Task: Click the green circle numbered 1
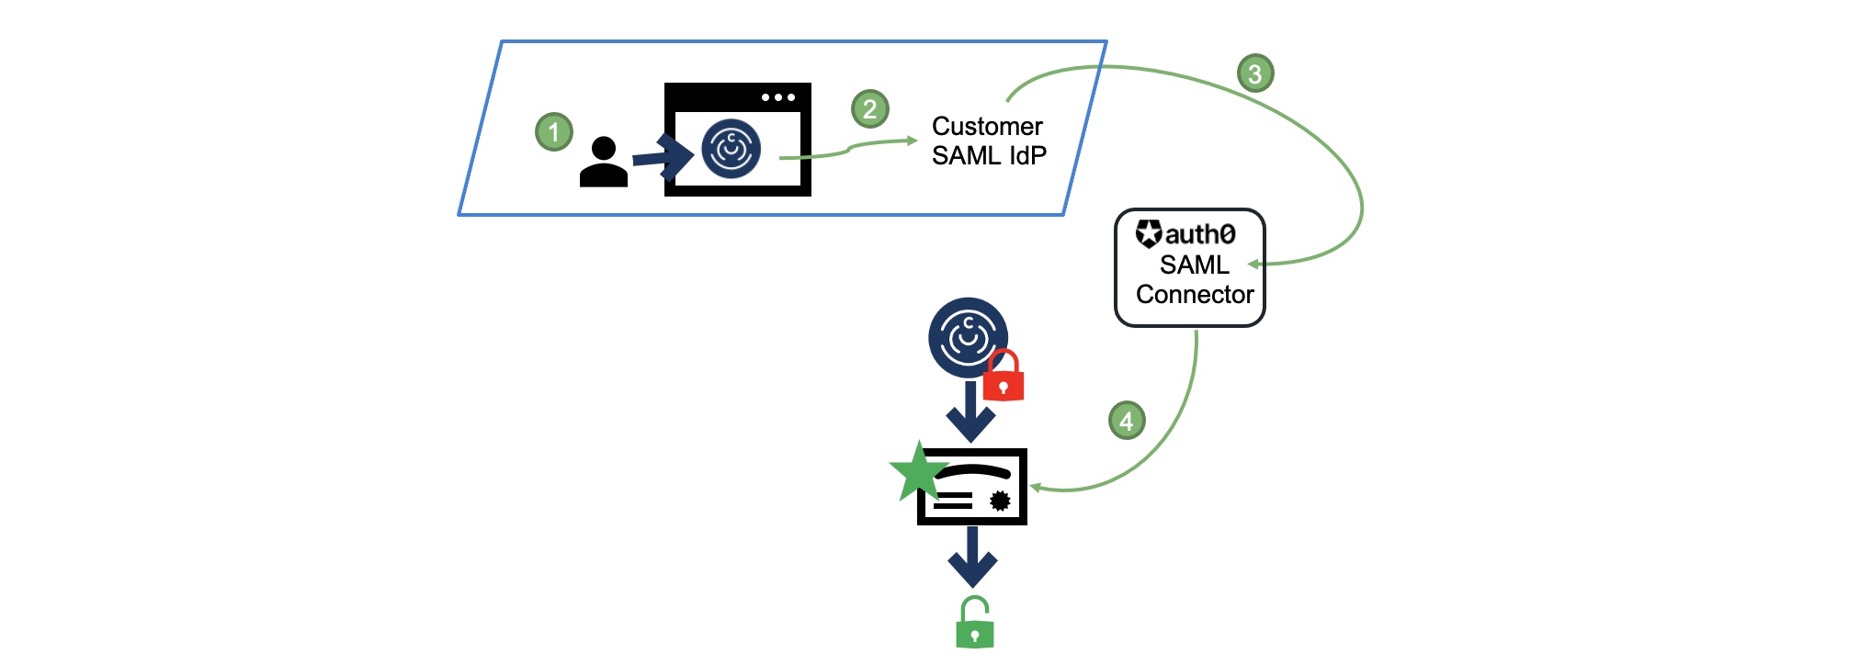tap(554, 132)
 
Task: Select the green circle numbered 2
tap(869, 109)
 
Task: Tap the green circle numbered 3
tap(1254, 73)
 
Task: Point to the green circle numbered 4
tap(1127, 421)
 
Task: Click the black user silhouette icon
tap(604, 163)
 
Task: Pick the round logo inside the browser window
tap(731, 148)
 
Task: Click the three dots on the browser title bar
tap(777, 97)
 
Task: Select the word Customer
tap(987, 126)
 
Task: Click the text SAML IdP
tap(989, 156)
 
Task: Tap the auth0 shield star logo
tap(1149, 233)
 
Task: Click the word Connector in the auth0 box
tap(1195, 294)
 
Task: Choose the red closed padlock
tap(1004, 376)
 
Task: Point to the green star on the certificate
tap(918, 472)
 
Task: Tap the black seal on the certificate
tap(1000, 501)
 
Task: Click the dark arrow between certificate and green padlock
tap(972, 558)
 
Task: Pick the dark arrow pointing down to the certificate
tap(970, 413)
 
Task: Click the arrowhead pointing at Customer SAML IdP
tap(912, 141)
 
